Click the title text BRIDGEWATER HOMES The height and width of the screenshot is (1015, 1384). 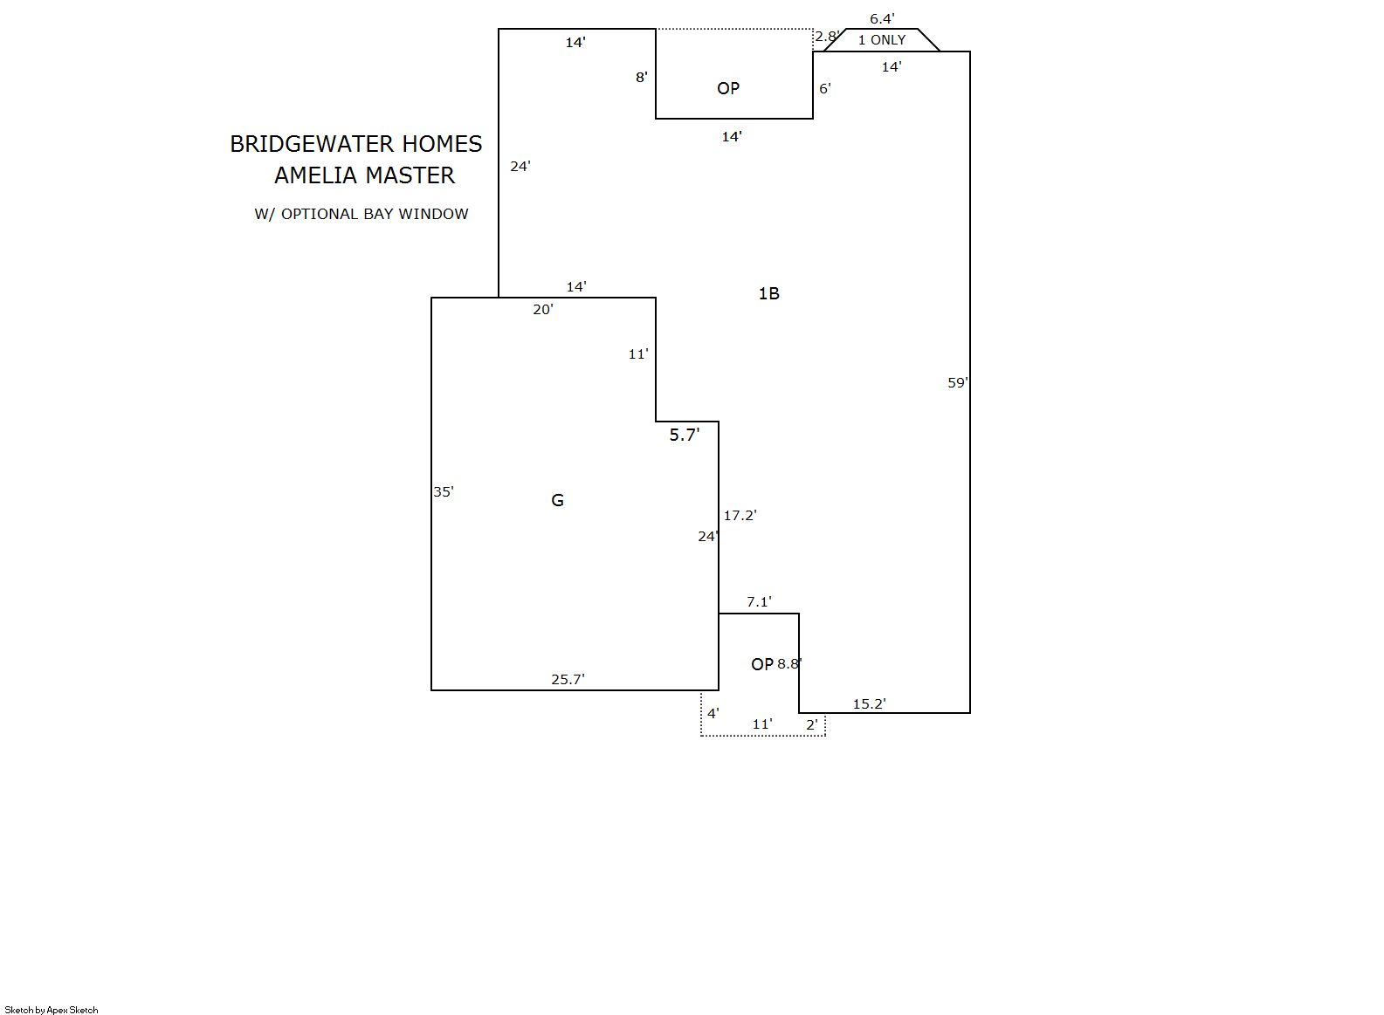[x=356, y=144]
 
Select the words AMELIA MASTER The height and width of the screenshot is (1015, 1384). [x=364, y=175]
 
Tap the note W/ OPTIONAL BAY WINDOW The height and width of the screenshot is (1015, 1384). [x=361, y=214]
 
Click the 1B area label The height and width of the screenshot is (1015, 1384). [x=768, y=294]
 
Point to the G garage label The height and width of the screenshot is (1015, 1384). [x=557, y=500]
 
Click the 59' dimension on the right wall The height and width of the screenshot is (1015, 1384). [x=957, y=383]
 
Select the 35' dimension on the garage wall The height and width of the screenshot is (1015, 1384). [x=443, y=491]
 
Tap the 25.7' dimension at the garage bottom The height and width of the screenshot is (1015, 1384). [x=568, y=679]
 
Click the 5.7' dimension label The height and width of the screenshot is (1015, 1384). [x=685, y=435]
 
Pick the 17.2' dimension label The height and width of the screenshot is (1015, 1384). [x=740, y=516]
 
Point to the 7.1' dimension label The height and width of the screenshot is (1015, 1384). [x=759, y=602]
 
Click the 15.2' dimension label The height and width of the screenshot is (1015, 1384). [x=870, y=703]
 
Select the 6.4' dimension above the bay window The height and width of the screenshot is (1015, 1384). [x=882, y=19]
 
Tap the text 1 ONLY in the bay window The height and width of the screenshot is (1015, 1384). [x=882, y=40]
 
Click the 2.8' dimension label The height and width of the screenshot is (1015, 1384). [x=827, y=37]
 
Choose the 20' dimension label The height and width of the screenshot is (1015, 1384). [x=543, y=309]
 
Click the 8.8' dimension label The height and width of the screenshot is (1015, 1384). [x=789, y=663]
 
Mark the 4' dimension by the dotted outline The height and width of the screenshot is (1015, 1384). [x=713, y=713]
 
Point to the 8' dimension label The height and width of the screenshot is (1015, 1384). [x=642, y=77]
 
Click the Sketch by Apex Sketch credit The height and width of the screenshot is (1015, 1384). [x=52, y=1010]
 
